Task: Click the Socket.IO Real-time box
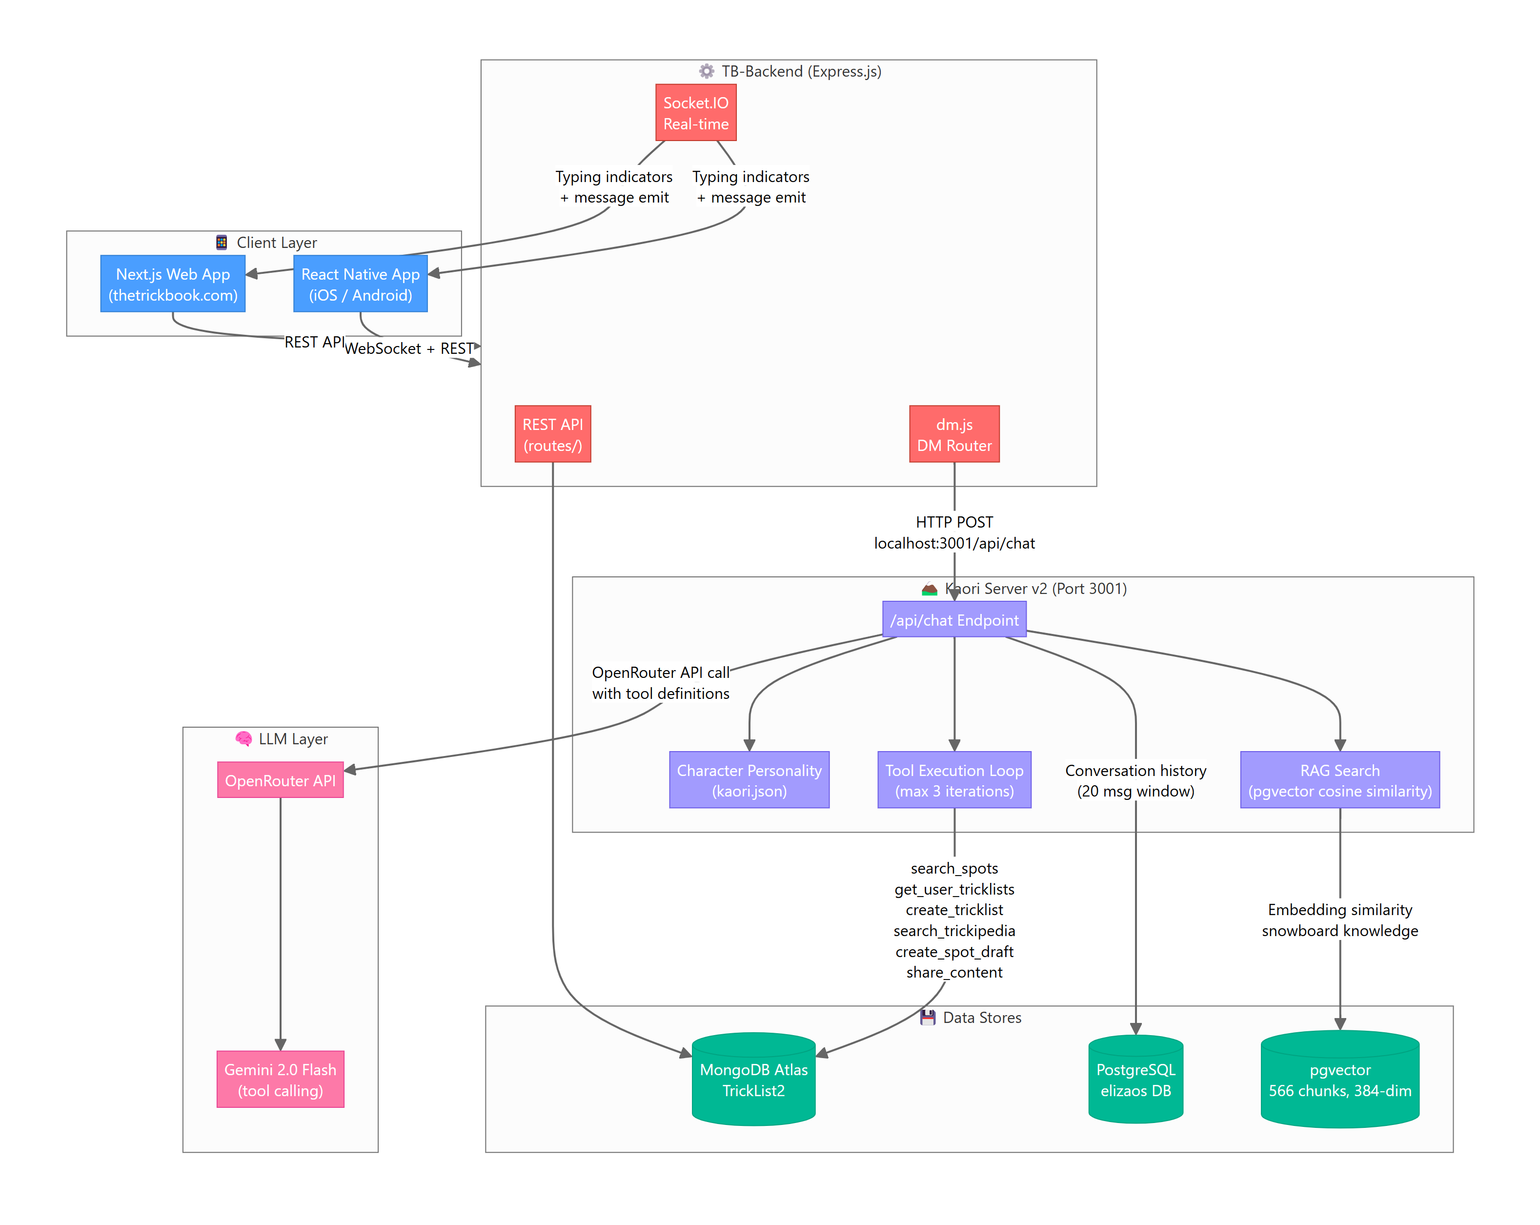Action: (696, 113)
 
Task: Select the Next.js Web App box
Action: (173, 284)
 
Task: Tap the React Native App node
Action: (360, 284)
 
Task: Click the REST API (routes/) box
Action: (552, 434)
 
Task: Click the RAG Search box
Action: (1339, 780)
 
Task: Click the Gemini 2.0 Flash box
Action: (280, 1079)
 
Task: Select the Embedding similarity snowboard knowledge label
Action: (1339, 919)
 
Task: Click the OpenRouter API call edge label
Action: (660, 682)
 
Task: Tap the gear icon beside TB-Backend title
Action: (707, 71)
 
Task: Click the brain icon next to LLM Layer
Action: (243, 738)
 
